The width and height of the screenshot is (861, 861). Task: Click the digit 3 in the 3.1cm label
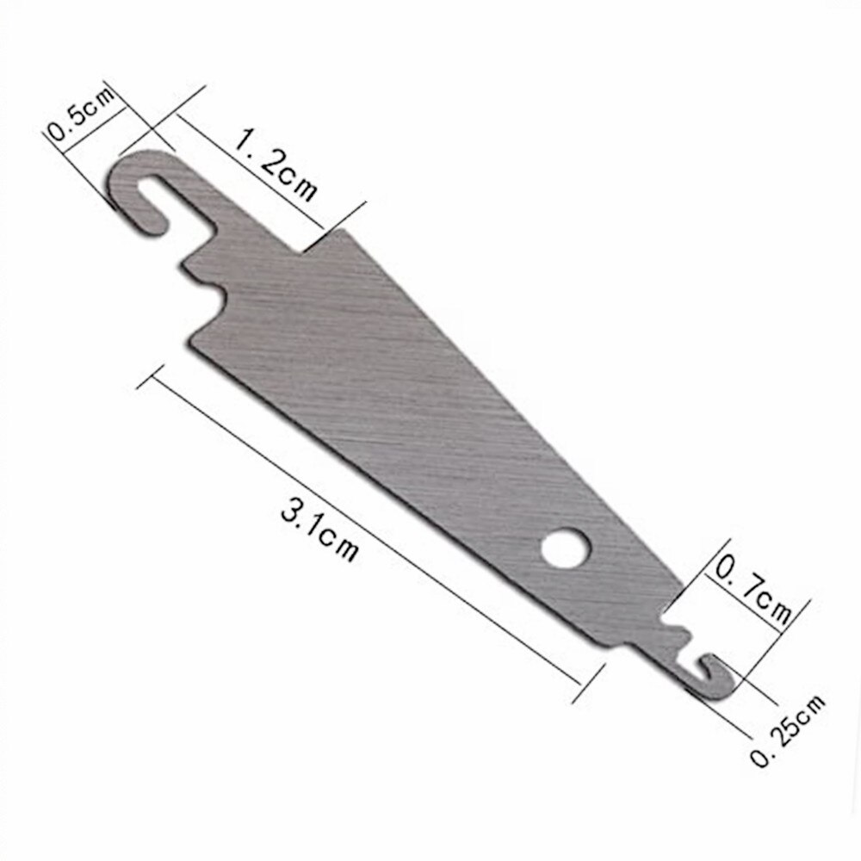point(291,513)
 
